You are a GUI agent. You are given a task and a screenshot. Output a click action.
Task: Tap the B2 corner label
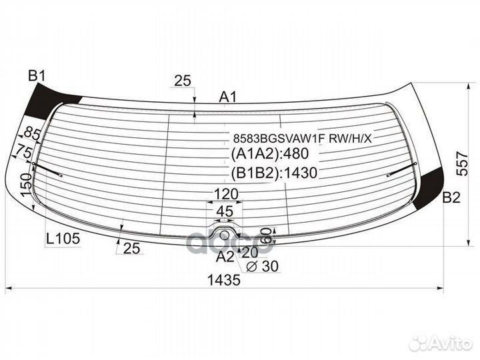point(451,197)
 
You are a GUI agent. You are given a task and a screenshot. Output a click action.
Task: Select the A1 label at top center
point(228,97)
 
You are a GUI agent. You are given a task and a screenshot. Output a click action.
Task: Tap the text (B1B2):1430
point(273,173)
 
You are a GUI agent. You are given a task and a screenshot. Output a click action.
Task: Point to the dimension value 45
point(225,211)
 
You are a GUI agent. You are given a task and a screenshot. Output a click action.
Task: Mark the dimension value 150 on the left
point(25,183)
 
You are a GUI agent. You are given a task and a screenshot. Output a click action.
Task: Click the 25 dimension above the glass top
point(183,81)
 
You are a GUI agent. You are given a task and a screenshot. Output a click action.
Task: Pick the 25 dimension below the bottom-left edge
point(132,249)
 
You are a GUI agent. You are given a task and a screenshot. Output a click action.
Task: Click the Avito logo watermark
point(440,343)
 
